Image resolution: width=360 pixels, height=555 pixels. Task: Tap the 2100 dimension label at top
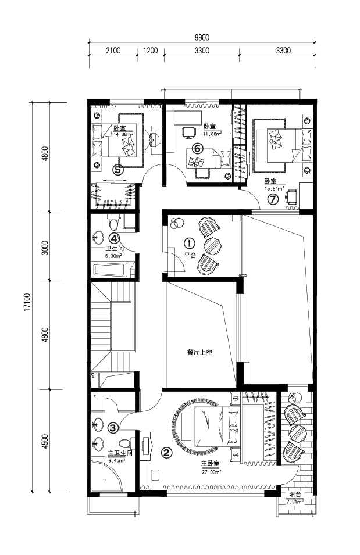[113, 50]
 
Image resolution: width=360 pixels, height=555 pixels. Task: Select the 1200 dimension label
[151, 50]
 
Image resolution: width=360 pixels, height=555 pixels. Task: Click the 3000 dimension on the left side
[45, 248]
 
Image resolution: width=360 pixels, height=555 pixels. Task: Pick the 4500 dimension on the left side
[45, 441]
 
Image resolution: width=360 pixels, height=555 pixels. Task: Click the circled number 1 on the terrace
[190, 243]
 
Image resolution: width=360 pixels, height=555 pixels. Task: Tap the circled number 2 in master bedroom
[167, 452]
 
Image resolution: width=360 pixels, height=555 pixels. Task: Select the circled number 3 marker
[113, 428]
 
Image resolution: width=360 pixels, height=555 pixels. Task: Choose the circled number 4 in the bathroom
[114, 238]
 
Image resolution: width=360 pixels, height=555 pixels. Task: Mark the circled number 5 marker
[118, 170]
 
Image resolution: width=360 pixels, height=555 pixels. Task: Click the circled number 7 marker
[273, 199]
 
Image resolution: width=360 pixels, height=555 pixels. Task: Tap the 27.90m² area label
[212, 472]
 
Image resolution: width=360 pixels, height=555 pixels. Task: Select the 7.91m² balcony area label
[295, 502]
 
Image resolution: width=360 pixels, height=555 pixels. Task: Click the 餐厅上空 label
[199, 353]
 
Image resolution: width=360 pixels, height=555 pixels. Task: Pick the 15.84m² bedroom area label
[275, 188]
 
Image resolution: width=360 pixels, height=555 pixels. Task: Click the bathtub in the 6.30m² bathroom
[111, 270]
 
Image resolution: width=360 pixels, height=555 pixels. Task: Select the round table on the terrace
[213, 245]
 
